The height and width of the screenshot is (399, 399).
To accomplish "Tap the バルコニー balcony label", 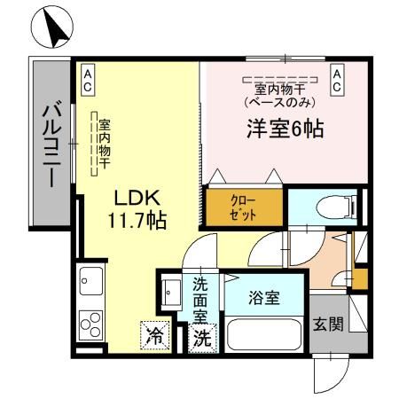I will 50,144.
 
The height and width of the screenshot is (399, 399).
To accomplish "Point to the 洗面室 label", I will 201,300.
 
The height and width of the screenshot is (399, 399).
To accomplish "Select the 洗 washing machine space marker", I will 202,337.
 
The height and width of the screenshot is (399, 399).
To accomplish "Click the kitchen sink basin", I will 89,283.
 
